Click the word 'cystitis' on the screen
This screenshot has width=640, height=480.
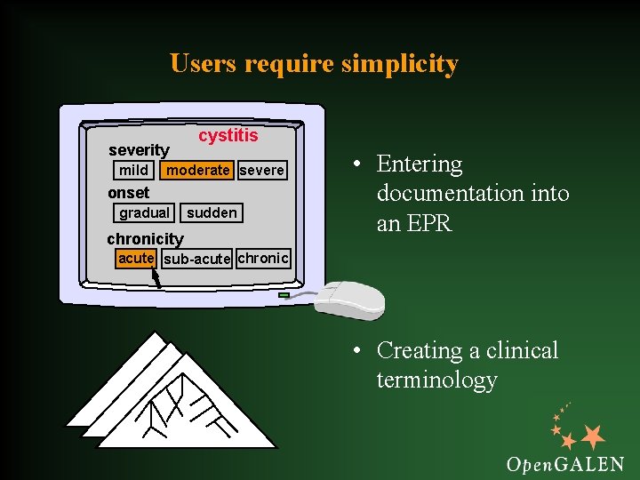pos(228,136)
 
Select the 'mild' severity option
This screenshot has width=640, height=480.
pos(133,170)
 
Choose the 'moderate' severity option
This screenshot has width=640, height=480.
pos(198,170)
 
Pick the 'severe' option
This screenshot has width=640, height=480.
pos(262,170)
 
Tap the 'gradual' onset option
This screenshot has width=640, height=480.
pos(144,212)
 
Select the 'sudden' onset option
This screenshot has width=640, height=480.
pos(212,212)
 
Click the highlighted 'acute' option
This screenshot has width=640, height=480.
pos(136,258)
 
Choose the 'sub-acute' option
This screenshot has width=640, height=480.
pos(197,259)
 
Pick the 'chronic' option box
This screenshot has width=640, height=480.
pos(263,258)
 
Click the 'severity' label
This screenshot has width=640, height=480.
pos(139,150)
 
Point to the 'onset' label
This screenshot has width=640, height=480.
pos(129,193)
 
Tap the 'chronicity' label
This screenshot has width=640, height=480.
pos(145,238)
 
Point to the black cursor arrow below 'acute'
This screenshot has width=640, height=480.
pos(156,278)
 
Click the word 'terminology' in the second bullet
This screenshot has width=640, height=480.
pos(436,380)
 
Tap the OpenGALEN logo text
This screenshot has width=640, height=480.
pos(564,463)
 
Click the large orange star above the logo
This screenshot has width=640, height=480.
pos(592,436)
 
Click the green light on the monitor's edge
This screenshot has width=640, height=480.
pos(284,294)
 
